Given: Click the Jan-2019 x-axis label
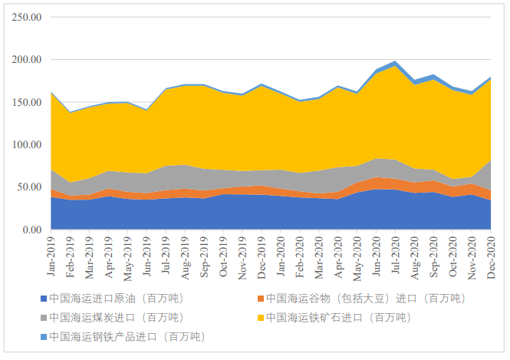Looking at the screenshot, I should click(x=51, y=257).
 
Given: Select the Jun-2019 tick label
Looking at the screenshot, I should click(x=146, y=257).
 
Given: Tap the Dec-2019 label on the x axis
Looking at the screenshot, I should click(x=262, y=257).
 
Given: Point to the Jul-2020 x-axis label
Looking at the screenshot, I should click(x=396, y=257).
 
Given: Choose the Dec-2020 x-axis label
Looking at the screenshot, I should click(x=492, y=257).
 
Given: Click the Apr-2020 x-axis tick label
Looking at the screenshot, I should click(x=338, y=257).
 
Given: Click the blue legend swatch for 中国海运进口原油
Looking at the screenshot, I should click(x=43, y=298).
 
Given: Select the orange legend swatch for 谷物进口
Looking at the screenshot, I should click(x=260, y=298).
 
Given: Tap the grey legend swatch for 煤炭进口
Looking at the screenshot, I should click(x=43, y=317).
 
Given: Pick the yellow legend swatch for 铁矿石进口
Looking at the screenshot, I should click(x=260, y=317).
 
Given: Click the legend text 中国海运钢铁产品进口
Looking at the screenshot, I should click(x=127, y=336).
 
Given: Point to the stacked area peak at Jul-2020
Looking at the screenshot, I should click(x=396, y=61).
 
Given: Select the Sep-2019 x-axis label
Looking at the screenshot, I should click(x=204, y=257).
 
